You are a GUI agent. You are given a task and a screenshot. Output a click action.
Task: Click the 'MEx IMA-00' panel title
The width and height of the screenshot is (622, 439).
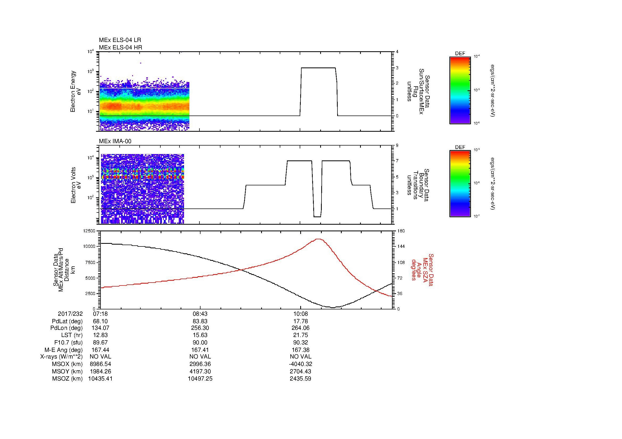point(115,141)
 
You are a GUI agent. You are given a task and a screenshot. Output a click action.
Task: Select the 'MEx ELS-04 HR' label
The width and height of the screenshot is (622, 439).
point(120,47)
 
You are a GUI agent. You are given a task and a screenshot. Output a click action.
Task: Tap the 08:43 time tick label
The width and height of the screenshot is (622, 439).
point(200,314)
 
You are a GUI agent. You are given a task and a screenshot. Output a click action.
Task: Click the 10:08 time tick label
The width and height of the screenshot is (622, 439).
point(300,314)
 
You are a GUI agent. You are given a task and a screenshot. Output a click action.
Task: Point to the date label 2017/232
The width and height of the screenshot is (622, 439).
point(70,314)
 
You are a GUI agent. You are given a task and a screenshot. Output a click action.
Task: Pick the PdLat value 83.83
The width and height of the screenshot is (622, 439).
point(200,321)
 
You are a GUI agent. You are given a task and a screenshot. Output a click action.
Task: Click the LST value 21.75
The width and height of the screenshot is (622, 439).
point(300,335)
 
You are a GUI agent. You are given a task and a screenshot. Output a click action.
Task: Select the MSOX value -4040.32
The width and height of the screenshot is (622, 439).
point(300,364)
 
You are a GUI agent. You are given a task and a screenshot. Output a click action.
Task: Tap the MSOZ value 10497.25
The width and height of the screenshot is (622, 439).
point(200,378)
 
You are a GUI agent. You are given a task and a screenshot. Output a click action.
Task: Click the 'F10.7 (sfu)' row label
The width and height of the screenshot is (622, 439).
point(68,342)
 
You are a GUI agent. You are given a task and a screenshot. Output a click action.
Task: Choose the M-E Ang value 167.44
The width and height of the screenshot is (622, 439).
point(100,350)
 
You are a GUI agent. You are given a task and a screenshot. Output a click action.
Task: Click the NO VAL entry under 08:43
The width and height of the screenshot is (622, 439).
point(200,357)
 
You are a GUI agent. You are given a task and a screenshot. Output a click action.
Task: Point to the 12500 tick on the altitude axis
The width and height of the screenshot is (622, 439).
point(89,231)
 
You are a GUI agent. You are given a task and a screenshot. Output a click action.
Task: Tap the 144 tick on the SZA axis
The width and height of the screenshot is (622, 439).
point(400,246)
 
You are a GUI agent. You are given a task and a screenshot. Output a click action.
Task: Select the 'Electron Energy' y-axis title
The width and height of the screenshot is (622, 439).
point(73,91)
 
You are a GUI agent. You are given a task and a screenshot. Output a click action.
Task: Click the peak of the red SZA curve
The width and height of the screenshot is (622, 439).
point(319,239)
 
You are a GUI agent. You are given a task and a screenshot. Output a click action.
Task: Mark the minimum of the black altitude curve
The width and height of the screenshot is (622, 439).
point(333,307)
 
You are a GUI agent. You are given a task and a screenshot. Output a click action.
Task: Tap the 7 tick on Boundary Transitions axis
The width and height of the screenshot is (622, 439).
point(397,161)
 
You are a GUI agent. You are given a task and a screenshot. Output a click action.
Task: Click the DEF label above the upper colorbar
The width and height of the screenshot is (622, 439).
point(460,54)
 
